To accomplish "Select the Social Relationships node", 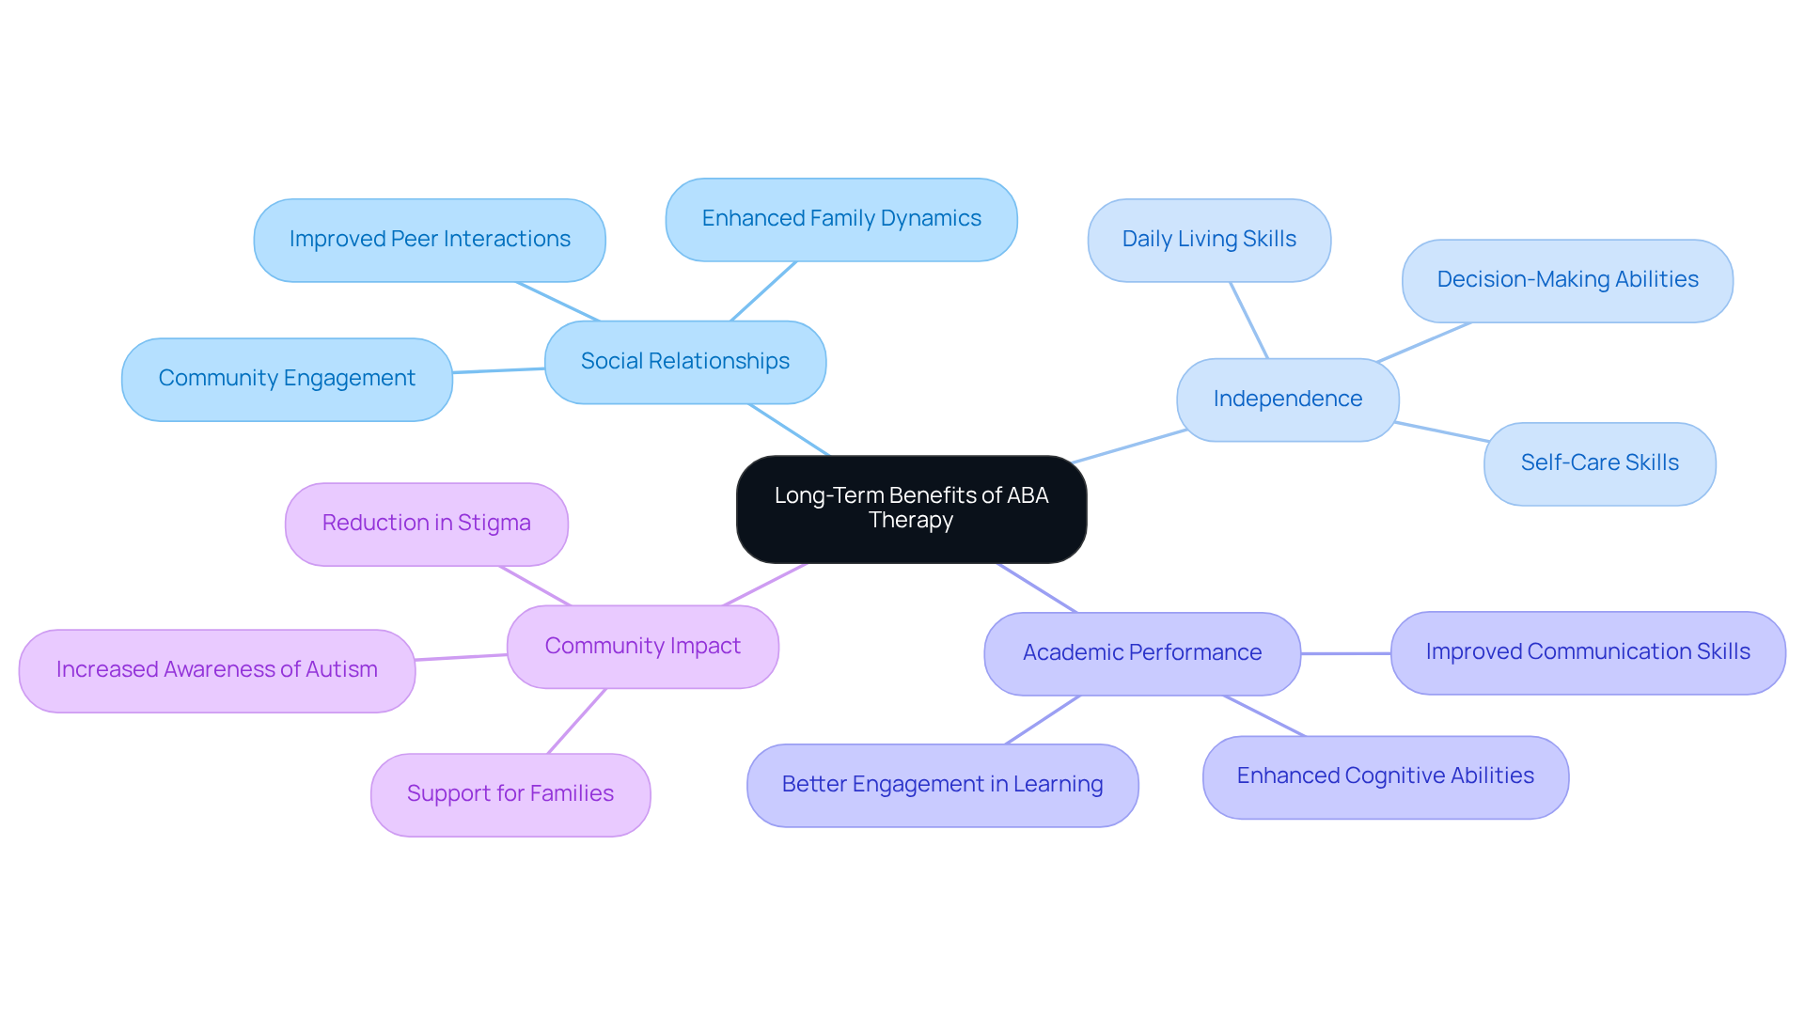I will pyautogui.click(x=685, y=362).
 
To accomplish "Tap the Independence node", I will pyautogui.click(x=1287, y=399).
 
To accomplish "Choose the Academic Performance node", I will pyautogui.click(x=1142, y=653).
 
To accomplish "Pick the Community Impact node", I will pyautogui.click(x=643, y=647).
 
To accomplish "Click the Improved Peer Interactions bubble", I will pyautogui.click(x=430, y=240).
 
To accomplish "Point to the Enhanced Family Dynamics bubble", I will pyautogui.click(x=841, y=219).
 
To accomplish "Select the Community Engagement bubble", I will pyautogui.click(x=287, y=379).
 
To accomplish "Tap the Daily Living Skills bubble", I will pyautogui.click(x=1209, y=240).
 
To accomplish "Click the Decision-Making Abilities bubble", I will pyautogui.click(x=1567, y=280).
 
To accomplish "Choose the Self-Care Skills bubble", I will pyautogui.click(x=1599, y=463).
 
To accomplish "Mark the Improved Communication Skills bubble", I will pyautogui.click(x=1588, y=652).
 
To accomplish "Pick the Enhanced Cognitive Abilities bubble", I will pyautogui.click(x=1386, y=776).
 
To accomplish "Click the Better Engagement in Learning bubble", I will pyautogui.click(x=942, y=785).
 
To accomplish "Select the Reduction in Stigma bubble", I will pyautogui.click(x=427, y=524).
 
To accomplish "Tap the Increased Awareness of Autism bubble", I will pyautogui.click(x=217, y=670).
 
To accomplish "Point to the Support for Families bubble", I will pyautogui.click(x=510, y=794).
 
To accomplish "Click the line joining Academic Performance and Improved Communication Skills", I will pyautogui.click(x=1345, y=653).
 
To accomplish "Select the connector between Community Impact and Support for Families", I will pyautogui.click(x=577, y=721).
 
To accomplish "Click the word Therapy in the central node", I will pyautogui.click(x=911, y=521).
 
